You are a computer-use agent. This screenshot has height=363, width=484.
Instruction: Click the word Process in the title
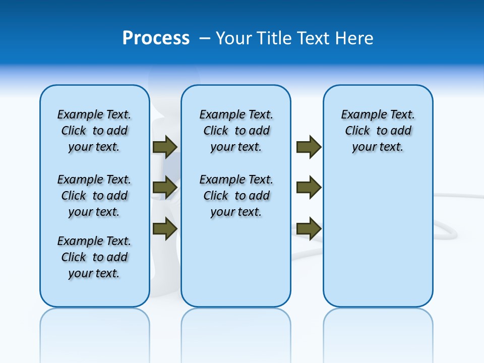[x=156, y=38]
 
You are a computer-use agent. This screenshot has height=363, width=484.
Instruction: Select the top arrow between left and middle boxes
[x=164, y=147]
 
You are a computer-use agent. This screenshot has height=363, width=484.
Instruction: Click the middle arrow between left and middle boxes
[x=164, y=188]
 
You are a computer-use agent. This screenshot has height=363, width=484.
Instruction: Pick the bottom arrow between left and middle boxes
[x=164, y=228]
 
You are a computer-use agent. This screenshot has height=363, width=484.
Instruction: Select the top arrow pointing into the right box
[x=309, y=147]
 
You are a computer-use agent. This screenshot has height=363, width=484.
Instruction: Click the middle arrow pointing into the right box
[x=309, y=188]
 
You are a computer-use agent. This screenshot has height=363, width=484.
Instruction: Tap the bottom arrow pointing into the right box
[x=309, y=228]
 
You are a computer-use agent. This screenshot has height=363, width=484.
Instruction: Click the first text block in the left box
[x=94, y=131]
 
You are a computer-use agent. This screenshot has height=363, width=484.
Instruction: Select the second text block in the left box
[x=94, y=196]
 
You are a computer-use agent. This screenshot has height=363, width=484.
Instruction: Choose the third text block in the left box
[x=94, y=257]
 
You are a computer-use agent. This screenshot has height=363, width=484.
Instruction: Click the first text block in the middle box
[x=236, y=131]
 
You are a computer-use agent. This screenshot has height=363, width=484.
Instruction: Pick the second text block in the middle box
[x=236, y=196]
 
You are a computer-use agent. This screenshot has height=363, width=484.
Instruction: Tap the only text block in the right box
[x=378, y=131]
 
